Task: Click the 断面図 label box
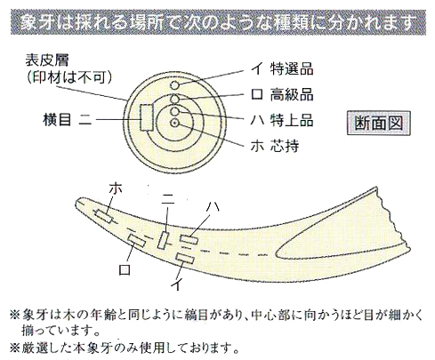[x=379, y=123]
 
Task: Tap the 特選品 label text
[x=292, y=69]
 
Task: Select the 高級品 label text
[x=292, y=95]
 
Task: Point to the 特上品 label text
[x=292, y=121]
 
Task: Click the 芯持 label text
[x=285, y=146]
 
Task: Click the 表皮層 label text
[x=47, y=60]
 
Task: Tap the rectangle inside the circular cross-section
[x=147, y=117]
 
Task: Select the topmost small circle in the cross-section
[x=175, y=85]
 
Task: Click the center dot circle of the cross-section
[x=174, y=123]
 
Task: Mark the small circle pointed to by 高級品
[x=175, y=99]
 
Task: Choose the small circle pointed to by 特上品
[x=174, y=111]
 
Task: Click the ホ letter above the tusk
[x=116, y=188]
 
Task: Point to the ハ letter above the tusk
[x=212, y=206]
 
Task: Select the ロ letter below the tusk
[x=125, y=269]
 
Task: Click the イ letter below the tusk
[x=176, y=284]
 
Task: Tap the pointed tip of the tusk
[x=77, y=202]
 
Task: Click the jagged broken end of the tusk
[x=395, y=219]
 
